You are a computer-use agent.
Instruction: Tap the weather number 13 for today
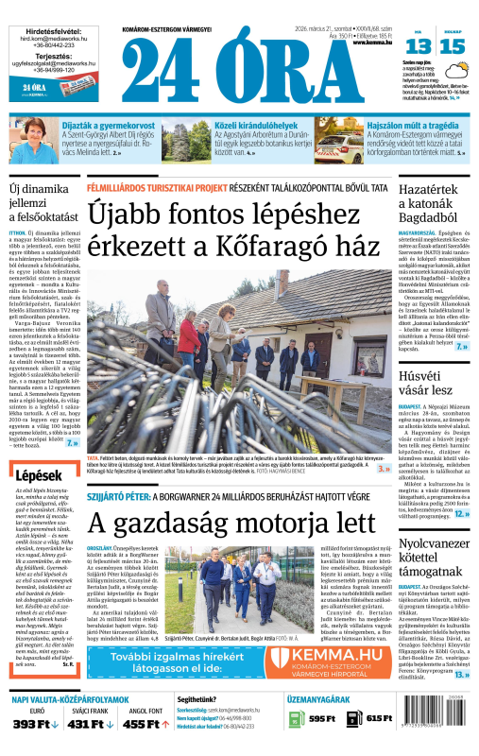(420, 46)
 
